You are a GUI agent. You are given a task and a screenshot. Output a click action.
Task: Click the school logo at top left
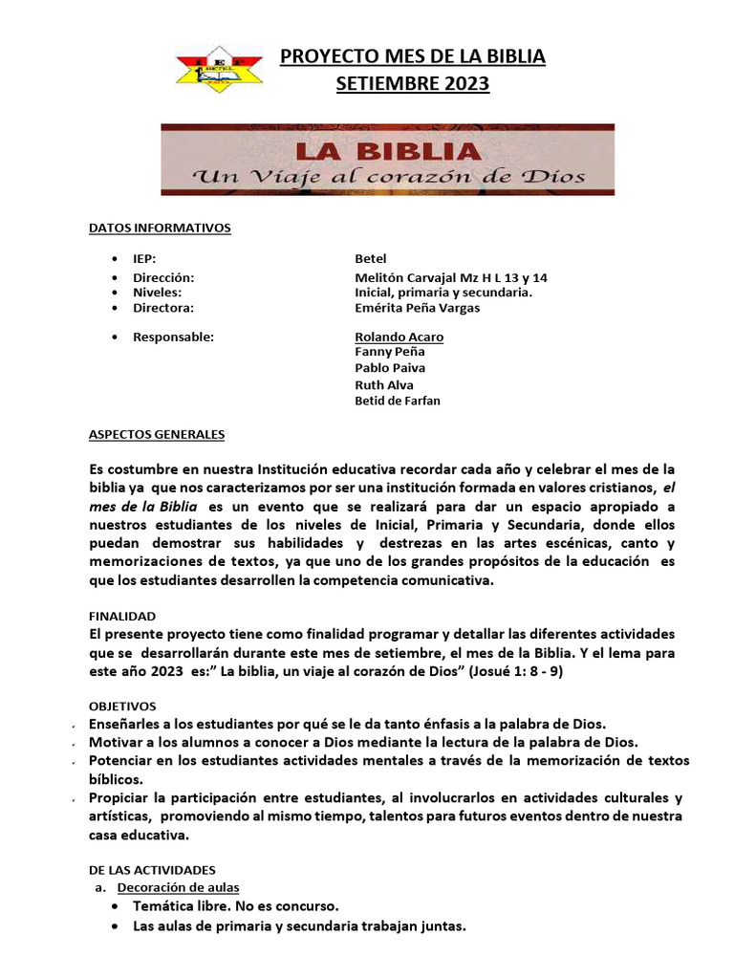click(221, 69)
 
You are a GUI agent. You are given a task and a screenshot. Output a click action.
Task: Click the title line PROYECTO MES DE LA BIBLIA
click(412, 56)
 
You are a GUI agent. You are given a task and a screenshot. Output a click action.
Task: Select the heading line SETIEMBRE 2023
click(412, 84)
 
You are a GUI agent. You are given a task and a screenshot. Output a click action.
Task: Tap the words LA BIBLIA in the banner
click(386, 151)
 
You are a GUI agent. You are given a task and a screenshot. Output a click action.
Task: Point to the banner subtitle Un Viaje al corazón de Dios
click(389, 177)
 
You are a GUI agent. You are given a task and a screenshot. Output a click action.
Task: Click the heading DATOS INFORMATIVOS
click(160, 228)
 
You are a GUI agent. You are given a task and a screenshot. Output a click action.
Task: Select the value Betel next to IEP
click(372, 258)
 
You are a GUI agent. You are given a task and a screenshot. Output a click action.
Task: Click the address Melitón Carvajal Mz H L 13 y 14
click(451, 277)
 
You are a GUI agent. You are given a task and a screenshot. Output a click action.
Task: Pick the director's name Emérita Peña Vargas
click(418, 308)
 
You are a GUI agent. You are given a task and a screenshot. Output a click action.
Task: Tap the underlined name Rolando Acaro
click(399, 337)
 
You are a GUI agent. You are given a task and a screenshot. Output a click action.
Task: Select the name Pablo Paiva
click(390, 368)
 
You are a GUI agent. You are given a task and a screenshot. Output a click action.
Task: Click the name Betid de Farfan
click(398, 401)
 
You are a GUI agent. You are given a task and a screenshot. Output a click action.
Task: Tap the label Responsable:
click(173, 337)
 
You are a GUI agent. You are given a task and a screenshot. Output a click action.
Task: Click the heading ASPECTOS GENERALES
click(157, 434)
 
